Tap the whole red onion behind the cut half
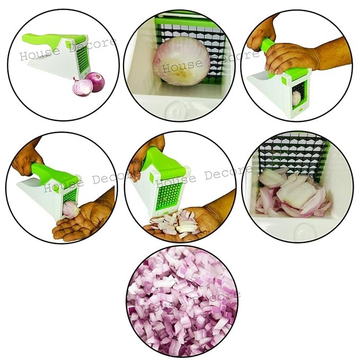click(95, 82)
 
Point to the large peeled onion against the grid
click(178, 61)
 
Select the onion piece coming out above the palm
click(71, 210)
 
